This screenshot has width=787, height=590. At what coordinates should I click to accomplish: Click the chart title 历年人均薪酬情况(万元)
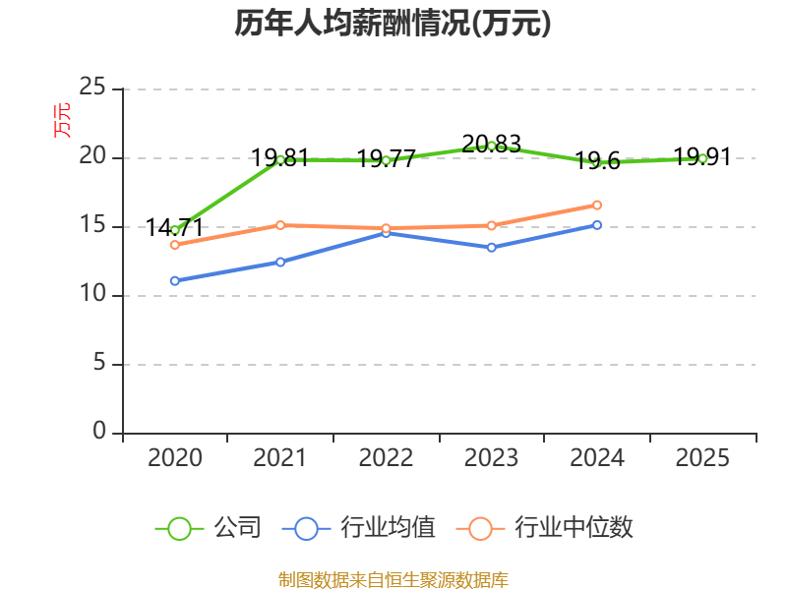pos(393,24)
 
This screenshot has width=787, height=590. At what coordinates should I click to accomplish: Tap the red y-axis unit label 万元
pos(63,120)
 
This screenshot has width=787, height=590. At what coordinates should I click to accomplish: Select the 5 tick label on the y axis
pos(99,364)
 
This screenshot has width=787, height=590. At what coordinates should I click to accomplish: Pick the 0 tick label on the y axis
pos(99,432)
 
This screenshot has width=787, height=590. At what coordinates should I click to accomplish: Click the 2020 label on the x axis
pos(175,458)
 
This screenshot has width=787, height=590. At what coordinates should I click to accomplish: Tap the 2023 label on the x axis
pos(492,458)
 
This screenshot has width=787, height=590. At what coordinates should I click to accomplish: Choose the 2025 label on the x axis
pos(703,458)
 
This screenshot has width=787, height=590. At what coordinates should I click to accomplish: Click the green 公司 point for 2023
pos(492,146)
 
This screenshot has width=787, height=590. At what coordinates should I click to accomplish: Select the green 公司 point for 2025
pos(703,158)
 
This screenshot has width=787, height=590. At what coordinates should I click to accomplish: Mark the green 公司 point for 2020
pos(175,230)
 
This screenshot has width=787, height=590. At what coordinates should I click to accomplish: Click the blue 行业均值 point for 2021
pos(280,262)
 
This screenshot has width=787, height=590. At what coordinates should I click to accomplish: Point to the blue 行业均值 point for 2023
pos(492,247)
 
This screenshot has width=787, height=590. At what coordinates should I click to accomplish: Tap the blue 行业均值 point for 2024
pos(597,225)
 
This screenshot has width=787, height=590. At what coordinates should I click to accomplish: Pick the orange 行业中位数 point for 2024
pos(597,205)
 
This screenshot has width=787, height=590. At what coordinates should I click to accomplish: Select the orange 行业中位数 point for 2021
pos(280,225)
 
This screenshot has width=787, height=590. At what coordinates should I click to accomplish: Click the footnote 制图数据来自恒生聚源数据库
pos(393,580)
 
